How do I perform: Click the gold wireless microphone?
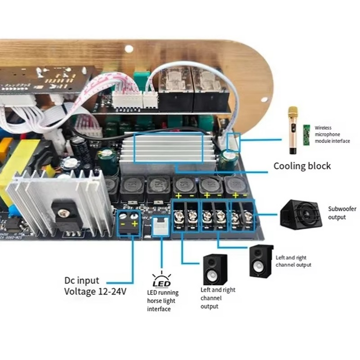[293, 130]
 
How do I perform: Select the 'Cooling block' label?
[302, 166]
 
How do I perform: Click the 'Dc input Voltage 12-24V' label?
[95, 286]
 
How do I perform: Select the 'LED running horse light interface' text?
[163, 301]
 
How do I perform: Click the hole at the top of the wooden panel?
[129, 49]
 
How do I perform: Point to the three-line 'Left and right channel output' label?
[218, 298]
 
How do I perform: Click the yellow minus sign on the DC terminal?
[122, 224]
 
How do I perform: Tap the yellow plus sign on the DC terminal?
[134, 224]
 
